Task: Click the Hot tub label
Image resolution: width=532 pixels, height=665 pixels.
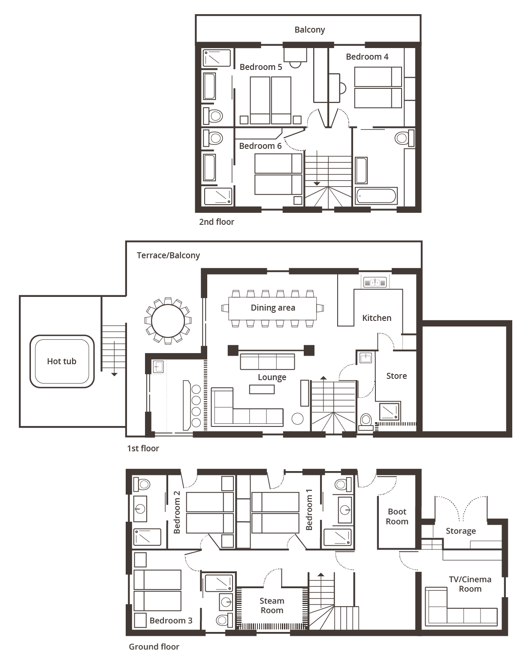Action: (61, 361)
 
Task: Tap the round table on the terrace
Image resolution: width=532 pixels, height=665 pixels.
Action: (168, 320)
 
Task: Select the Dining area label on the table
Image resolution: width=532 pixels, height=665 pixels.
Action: (273, 308)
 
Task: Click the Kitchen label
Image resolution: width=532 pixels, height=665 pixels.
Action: (377, 318)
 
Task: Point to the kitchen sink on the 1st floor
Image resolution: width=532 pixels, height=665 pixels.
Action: (375, 282)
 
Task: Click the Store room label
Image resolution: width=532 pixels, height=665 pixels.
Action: (396, 376)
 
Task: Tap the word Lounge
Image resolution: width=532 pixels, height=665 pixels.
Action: (272, 377)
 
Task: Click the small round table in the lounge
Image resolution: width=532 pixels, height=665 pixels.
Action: (297, 419)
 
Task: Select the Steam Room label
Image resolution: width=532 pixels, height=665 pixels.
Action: (272, 605)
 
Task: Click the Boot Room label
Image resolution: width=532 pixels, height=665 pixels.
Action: (397, 517)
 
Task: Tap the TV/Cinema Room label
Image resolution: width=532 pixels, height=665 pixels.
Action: (470, 584)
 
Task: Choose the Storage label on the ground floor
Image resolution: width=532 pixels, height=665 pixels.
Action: (461, 531)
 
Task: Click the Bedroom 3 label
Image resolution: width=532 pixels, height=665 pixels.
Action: (171, 620)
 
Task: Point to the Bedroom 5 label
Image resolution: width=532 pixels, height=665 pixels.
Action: (261, 67)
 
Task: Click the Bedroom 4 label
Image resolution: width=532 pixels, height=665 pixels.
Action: (367, 57)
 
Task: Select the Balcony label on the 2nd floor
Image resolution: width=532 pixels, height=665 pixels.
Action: (309, 30)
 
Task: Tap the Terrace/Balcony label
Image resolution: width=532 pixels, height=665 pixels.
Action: (169, 256)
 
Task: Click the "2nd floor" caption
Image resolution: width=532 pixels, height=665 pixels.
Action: (217, 222)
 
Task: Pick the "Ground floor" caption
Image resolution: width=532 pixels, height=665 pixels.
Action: (154, 647)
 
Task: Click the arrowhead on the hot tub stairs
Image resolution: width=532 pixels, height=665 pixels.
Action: (115, 374)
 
